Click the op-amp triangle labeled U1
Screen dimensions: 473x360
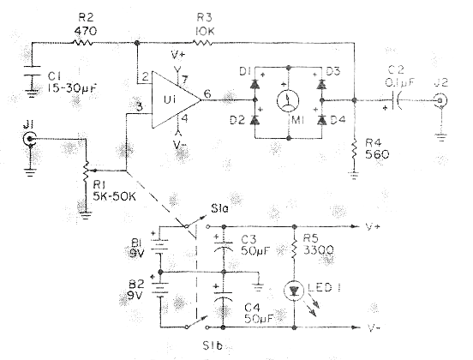click(175, 100)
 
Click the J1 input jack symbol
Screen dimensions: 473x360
click(29, 139)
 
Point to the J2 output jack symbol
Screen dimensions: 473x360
click(440, 100)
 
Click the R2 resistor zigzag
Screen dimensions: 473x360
click(82, 43)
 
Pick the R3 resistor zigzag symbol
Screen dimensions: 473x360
click(202, 43)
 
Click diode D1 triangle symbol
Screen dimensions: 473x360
click(254, 84)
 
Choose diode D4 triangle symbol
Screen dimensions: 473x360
click(322, 120)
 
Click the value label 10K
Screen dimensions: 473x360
click(205, 31)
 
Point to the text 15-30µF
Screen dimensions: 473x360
click(72, 88)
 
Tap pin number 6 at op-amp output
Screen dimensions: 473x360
click(207, 93)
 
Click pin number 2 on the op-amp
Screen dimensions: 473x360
click(145, 77)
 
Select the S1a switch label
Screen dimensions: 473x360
click(219, 208)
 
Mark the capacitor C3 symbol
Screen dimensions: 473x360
click(224, 246)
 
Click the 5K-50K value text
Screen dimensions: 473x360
click(114, 196)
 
